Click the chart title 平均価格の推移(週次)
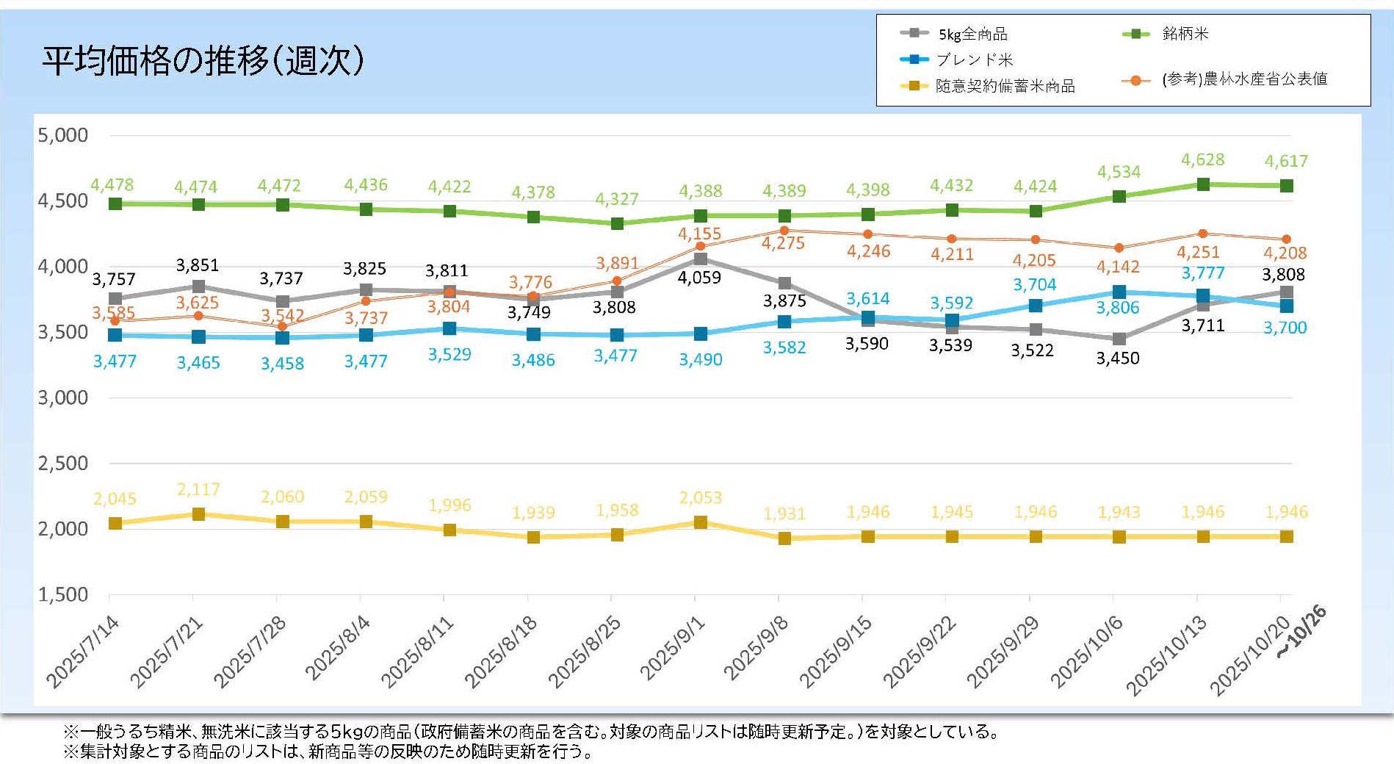click(x=203, y=60)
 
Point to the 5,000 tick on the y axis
click(x=63, y=135)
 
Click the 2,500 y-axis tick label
click(x=63, y=464)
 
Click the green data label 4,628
click(x=1202, y=159)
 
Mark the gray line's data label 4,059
click(x=699, y=278)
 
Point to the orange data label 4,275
click(x=783, y=243)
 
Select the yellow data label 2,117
click(x=198, y=489)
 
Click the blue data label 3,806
click(x=1118, y=308)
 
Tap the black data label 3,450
click(x=1118, y=358)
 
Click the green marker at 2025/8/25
click(x=617, y=223)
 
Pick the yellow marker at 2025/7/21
click(x=198, y=514)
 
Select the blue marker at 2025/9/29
click(x=1036, y=306)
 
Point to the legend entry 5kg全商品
click(x=972, y=34)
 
